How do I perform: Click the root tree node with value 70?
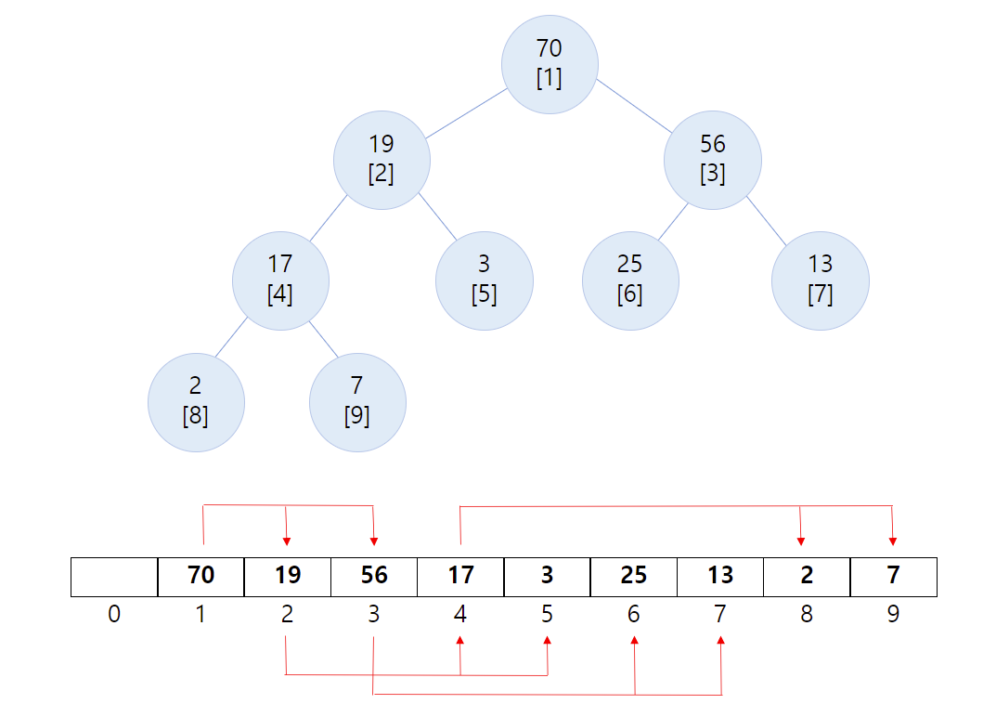pos(550,65)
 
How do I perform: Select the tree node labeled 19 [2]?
pos(382,160)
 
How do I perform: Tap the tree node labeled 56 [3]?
pos(713,160)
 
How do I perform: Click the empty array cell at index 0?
pos(114,577)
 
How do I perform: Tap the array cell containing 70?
pos(201,577)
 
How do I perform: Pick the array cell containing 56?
pos(374,577)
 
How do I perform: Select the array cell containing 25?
pos(634,577)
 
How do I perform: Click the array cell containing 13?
pos(720,577)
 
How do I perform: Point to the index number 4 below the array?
pos(460,615)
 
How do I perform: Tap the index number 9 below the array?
pos(893,615)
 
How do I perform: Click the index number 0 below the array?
pos(114,615)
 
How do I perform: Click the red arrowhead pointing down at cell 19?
pos(287,541)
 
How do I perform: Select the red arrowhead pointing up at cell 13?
pos(721,641)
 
